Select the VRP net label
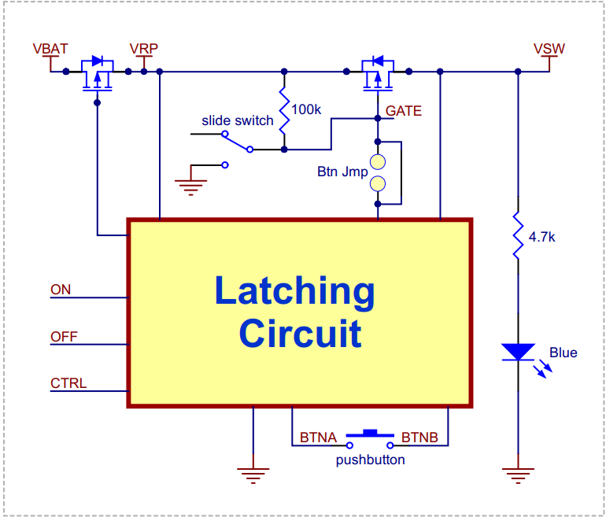(x=144, y=49)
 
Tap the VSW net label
(x=549, y=49)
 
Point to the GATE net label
(x=404, y=111)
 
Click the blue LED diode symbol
(x=518, y=353)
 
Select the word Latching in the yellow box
(x=295, y=292)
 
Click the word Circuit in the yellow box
(x=300, y=334)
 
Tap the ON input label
(x=61, y=290)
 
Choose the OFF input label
(x=64, y=337)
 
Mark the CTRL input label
(x=68, y=384)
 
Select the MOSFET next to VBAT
(x=98, y=72)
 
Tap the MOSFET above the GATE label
(x=376, y=72)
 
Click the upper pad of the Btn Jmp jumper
(x=378, y=162)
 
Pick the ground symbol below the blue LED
(x=518, y=472)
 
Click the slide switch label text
(x=238, y=120)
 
